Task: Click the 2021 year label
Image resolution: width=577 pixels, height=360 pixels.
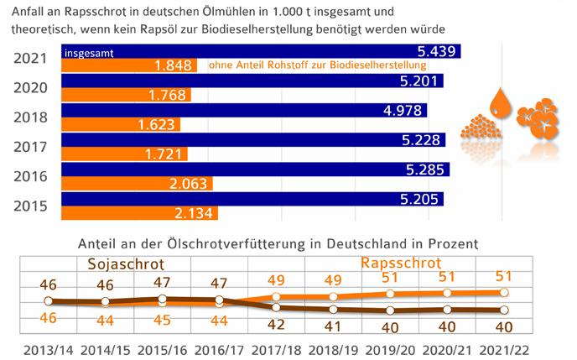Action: coord(31,58)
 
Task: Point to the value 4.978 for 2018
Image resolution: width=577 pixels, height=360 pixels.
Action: coord(425,112)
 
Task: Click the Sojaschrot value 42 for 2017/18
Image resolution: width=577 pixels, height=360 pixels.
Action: coord(277,324)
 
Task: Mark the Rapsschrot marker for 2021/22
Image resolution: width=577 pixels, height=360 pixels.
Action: coord(505,292)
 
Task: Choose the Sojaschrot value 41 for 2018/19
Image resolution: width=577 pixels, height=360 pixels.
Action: coord(334,326)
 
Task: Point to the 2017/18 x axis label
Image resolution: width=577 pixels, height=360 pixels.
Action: coord(277,347)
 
